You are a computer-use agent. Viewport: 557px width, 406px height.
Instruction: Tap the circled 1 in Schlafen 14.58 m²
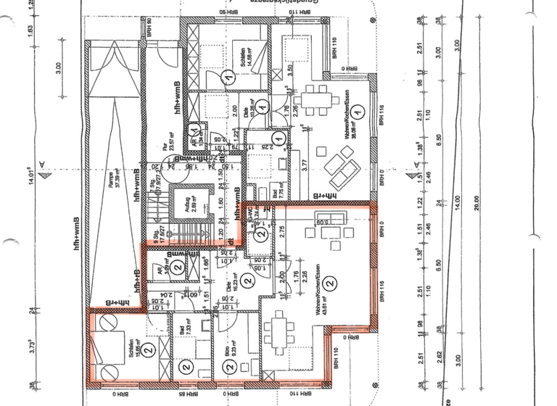tap(228, 75)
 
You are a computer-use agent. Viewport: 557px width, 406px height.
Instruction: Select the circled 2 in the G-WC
tap(260, 233)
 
